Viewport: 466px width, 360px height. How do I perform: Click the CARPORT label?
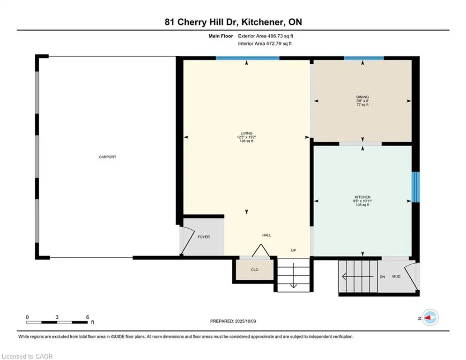[107, 157]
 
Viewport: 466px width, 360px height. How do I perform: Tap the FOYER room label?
[204, 237]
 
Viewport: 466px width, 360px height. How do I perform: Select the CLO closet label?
[255, 270]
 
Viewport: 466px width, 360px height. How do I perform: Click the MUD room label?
[396, 277]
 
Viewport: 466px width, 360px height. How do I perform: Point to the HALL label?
[266, 235]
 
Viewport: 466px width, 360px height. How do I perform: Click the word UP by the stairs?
[293, 250]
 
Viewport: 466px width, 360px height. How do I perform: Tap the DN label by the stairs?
[382, 277]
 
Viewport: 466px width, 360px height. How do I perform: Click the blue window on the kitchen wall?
[415, 187]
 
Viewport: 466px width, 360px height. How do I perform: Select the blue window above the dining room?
[364, 58]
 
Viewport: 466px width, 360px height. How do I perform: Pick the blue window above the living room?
[247, 58]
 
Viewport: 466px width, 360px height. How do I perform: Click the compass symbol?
[430, 318]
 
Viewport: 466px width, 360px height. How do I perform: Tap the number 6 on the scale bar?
[88, 317]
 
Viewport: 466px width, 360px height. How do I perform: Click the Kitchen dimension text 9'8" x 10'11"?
[362, 201]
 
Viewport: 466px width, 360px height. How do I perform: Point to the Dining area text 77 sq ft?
[362, 105]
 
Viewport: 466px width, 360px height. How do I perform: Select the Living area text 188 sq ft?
[246, 141]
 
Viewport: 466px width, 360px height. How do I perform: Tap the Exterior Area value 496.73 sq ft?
[281, 36]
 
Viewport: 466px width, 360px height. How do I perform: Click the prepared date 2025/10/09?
[245, 321]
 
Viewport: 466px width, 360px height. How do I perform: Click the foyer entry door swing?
[187, 240]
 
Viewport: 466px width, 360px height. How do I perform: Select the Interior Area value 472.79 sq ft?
[279, 44]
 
